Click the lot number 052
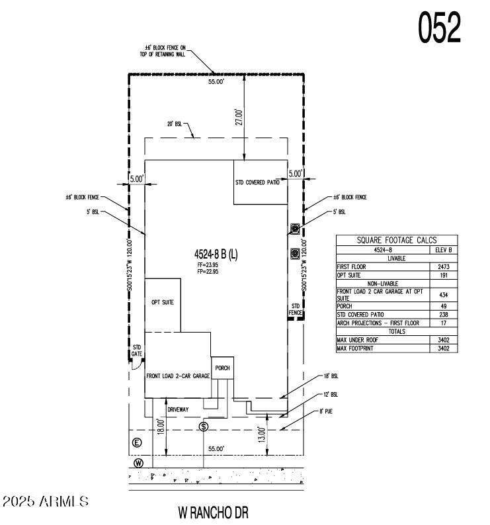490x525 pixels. coord(438,28)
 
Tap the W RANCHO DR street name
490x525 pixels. coord(213,512)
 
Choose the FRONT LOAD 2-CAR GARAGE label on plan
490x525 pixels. coord(178,376)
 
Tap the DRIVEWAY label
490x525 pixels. coord(178,410)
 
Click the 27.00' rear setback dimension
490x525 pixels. coord(240,117)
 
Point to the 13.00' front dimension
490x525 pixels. coord(262,434)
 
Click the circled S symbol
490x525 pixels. coord(204,426)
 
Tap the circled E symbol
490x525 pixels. coord(137,442)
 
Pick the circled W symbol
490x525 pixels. coord(138,463)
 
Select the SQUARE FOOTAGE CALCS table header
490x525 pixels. coord(397,241)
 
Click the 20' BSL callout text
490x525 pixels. coord(175,124)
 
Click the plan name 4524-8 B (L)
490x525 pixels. coord(216,254)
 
